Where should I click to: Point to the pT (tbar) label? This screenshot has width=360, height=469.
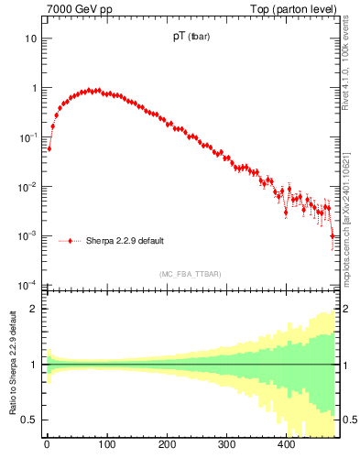tap(191, 38)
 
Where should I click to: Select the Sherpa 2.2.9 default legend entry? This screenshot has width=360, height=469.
tap(125, 242)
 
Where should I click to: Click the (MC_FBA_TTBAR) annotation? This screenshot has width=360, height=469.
tap(191, 274)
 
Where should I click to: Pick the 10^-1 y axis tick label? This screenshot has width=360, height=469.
tap(27, 137)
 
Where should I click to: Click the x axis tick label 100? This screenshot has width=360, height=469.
tap(107, 445)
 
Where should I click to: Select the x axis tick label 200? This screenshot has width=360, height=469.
tap(167, 445)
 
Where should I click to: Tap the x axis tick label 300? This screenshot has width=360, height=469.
tap(226, 445)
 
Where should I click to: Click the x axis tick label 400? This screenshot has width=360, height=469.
tap(287, 445)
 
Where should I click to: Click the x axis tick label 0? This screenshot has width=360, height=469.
tap(47, 445)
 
